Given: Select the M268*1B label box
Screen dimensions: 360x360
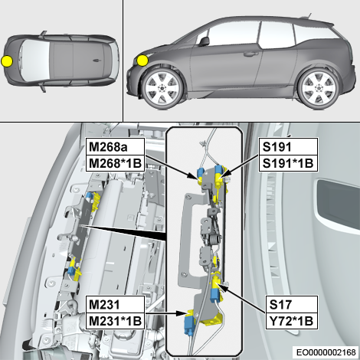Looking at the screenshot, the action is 116,163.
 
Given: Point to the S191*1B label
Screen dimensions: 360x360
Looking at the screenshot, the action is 289,163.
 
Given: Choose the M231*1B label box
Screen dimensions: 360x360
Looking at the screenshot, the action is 116,321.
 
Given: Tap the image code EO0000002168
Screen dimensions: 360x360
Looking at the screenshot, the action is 326,352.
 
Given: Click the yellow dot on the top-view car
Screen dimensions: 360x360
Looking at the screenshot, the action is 7,61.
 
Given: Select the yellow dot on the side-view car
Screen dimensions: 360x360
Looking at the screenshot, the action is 142,61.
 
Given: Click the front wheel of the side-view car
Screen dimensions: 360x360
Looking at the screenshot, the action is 162,89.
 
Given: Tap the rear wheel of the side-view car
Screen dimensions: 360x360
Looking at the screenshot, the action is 319,88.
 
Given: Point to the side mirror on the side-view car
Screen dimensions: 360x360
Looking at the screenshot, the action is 205,41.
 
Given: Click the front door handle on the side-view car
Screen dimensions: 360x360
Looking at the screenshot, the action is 250,54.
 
